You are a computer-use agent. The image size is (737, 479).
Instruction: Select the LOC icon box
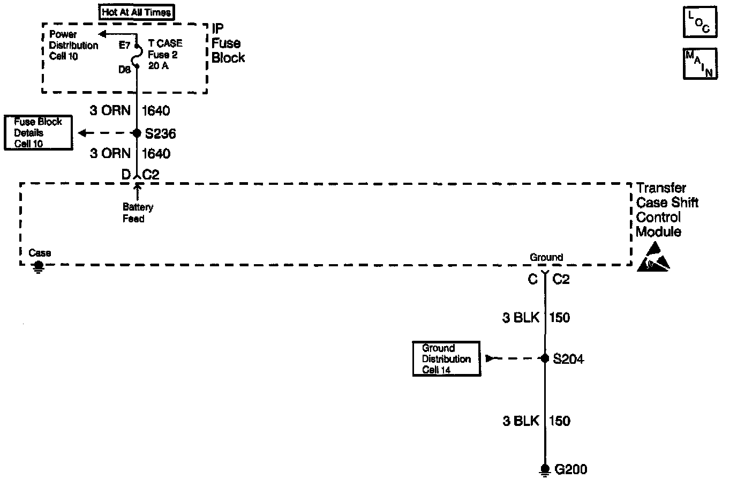tap(700, 23)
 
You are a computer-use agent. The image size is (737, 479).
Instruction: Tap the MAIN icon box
tap(700, 64)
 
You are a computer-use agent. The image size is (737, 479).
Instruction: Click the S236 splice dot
tap(137, 133)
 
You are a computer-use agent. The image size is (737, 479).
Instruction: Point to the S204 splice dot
tap(545, 358)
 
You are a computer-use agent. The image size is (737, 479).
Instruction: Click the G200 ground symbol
tap(545, 470)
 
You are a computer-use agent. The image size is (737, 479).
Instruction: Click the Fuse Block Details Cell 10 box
tap(38, 133)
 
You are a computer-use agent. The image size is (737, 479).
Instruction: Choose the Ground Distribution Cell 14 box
tap(446, 359)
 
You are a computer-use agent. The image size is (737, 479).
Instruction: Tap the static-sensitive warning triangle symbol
tap(653, 257)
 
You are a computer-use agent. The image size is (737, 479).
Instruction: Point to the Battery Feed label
tap(138, 213)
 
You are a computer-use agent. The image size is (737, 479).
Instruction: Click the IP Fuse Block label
tap(228, 43)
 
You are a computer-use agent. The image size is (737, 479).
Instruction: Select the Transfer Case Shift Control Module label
tap(667, 210)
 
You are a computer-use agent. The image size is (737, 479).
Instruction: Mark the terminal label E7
tap(124, 46)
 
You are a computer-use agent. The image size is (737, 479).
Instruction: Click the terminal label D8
tap(124, 69)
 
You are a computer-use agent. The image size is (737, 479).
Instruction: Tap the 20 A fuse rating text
tap(158, 66)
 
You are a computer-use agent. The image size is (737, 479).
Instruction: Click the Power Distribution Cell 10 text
tap(73, 46)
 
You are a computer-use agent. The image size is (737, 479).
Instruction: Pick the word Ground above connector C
tap(546, 257)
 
